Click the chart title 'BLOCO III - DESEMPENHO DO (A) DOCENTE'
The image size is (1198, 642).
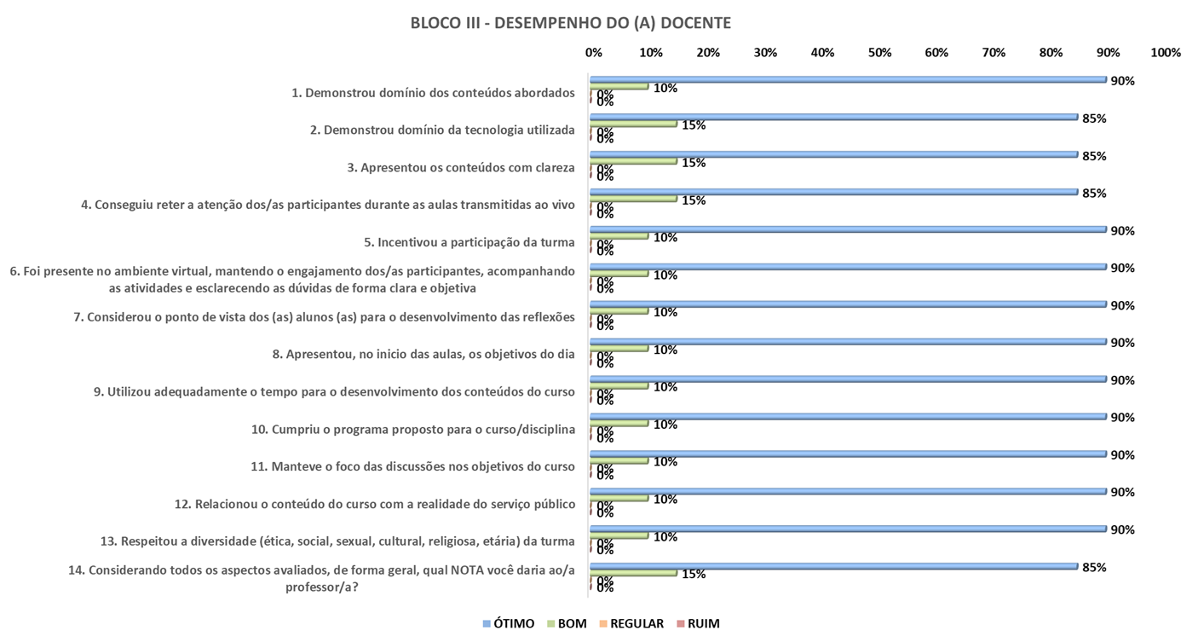tap(570, 23)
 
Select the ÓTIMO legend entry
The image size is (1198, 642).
tap(509, 623)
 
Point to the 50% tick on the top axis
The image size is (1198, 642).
tap(879, 53)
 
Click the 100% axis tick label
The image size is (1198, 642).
tap(1165, 53)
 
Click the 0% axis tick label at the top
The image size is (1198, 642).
tap(594, 53)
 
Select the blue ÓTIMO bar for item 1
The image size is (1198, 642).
tap(848, 79)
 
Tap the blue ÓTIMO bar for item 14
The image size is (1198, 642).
tap(833, 565)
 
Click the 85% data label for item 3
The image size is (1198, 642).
tap(1094, 156)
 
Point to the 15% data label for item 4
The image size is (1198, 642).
tap(693, 200)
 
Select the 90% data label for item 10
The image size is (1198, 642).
tap(1122, 417)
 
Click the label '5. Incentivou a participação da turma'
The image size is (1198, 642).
tap(469, 242)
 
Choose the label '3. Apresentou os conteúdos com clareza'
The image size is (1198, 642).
tap(461, 167)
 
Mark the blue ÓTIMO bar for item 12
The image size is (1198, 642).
tap(848, 491)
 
